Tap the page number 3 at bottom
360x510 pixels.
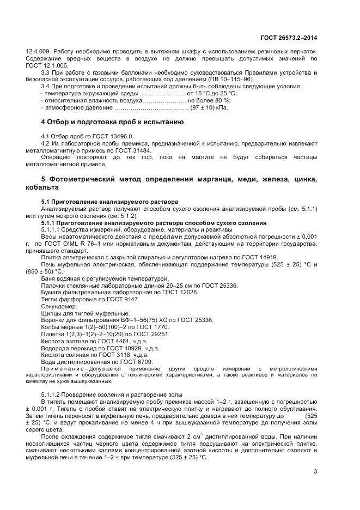[x=315, y=471]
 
